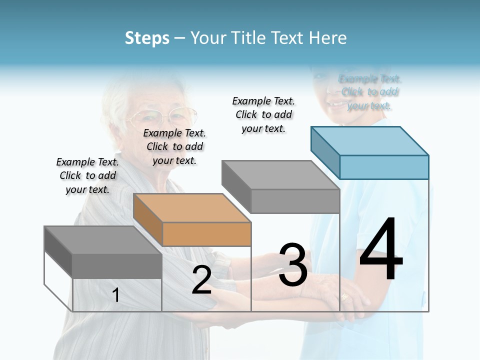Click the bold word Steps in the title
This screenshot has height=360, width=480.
coord(147,38)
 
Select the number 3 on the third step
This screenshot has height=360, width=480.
coord(293,264)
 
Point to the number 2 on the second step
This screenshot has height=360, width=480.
coord(201,280)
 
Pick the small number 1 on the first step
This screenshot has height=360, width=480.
coord(116,295)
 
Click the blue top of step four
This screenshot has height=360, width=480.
coord(370,140)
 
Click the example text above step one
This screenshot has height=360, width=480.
coord(87,175)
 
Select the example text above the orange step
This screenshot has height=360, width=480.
coord(174,146)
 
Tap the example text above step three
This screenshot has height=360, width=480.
coord(263,114)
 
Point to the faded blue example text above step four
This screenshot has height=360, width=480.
coord(370,92)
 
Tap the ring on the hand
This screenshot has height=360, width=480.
coord(345,296)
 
